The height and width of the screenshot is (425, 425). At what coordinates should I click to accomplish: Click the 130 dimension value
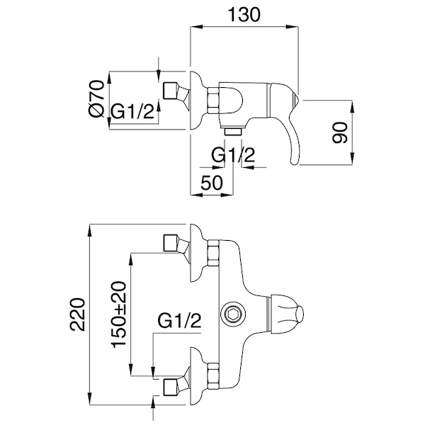tap(244, 14)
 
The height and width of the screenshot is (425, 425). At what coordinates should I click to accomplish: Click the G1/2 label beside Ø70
tap(133, 112)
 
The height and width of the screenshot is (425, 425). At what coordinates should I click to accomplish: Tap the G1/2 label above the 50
tap(233, 155)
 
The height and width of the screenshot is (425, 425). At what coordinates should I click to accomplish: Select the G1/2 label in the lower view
tap(179, 322)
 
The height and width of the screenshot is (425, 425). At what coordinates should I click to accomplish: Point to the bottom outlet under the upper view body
tap(233, 131)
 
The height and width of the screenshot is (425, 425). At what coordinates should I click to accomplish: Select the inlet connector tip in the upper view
tap(170, 92)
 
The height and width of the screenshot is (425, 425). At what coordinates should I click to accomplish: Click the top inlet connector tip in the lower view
tap(170, 242)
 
